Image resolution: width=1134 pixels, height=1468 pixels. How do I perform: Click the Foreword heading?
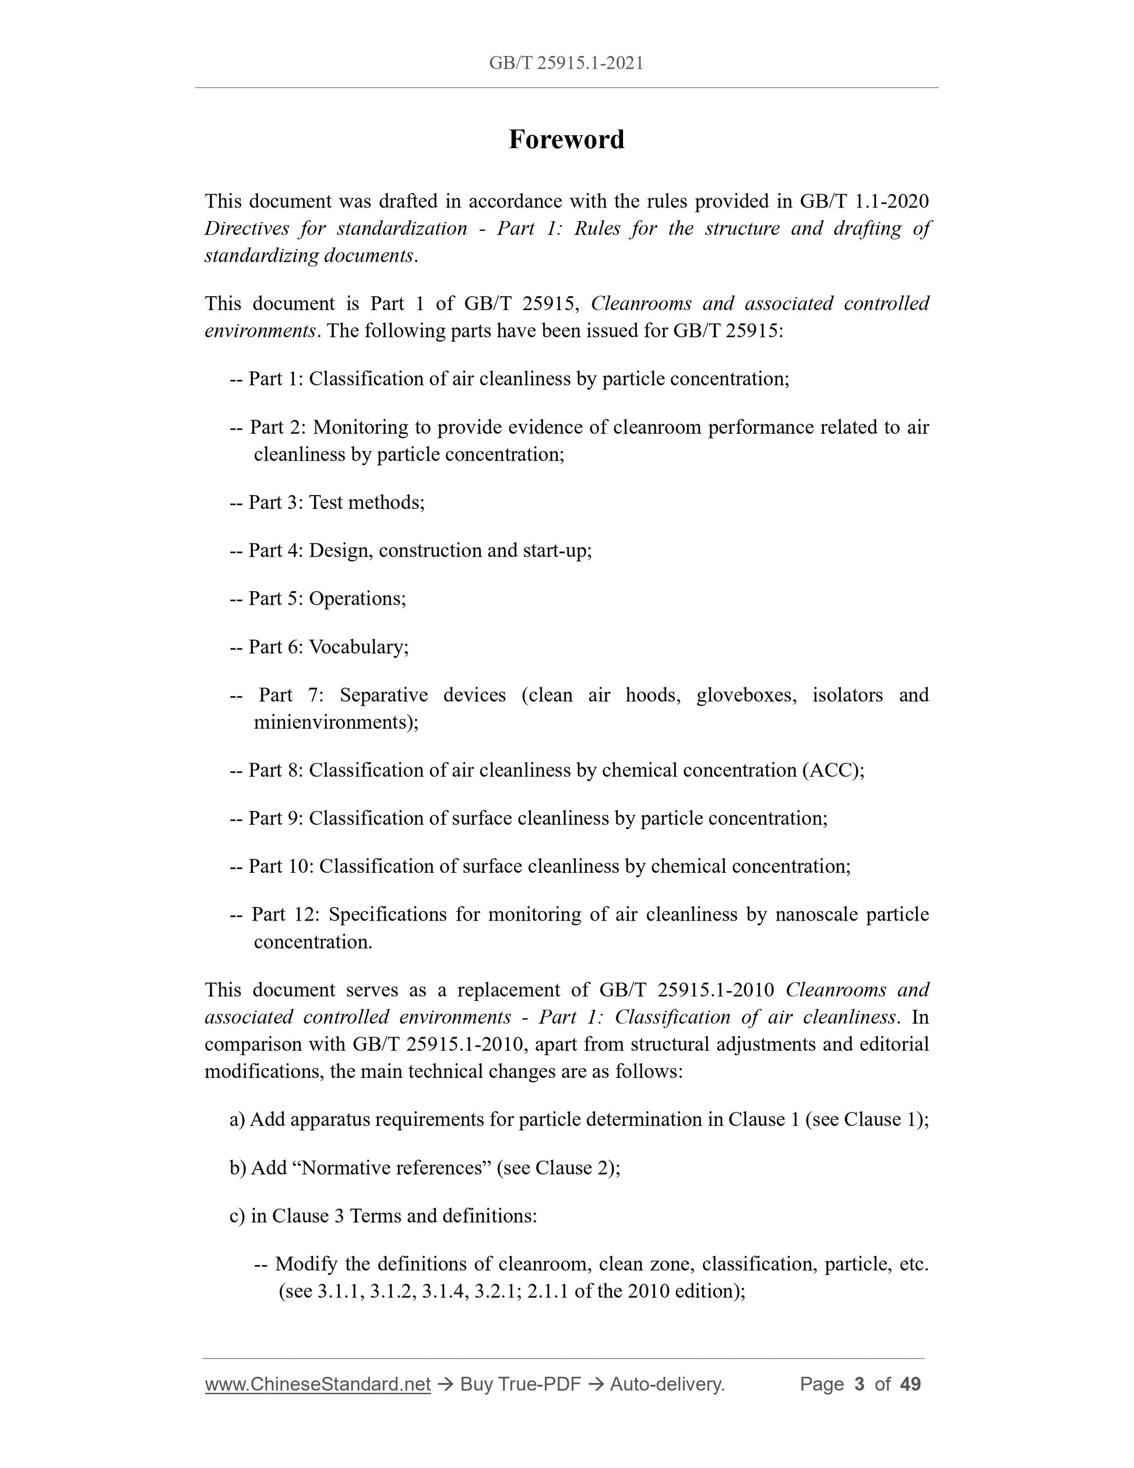click(x=566, y=140)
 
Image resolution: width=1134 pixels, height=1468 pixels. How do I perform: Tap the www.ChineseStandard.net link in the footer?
click(x=317, y=1384)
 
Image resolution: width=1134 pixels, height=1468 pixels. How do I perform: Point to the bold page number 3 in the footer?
click(x=858, y=1384)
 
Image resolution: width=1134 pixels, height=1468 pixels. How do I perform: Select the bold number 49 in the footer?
click(x=910, y=1384)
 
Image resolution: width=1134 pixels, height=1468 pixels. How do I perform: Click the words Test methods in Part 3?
click(x=366, y=502)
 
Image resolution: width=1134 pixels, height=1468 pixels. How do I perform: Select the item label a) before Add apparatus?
click(x=237, y=1119)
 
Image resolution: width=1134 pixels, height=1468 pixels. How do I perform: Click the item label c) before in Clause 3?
click(x=237, y=1216)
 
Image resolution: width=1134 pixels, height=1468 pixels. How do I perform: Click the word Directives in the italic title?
click(x=246, y=229)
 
